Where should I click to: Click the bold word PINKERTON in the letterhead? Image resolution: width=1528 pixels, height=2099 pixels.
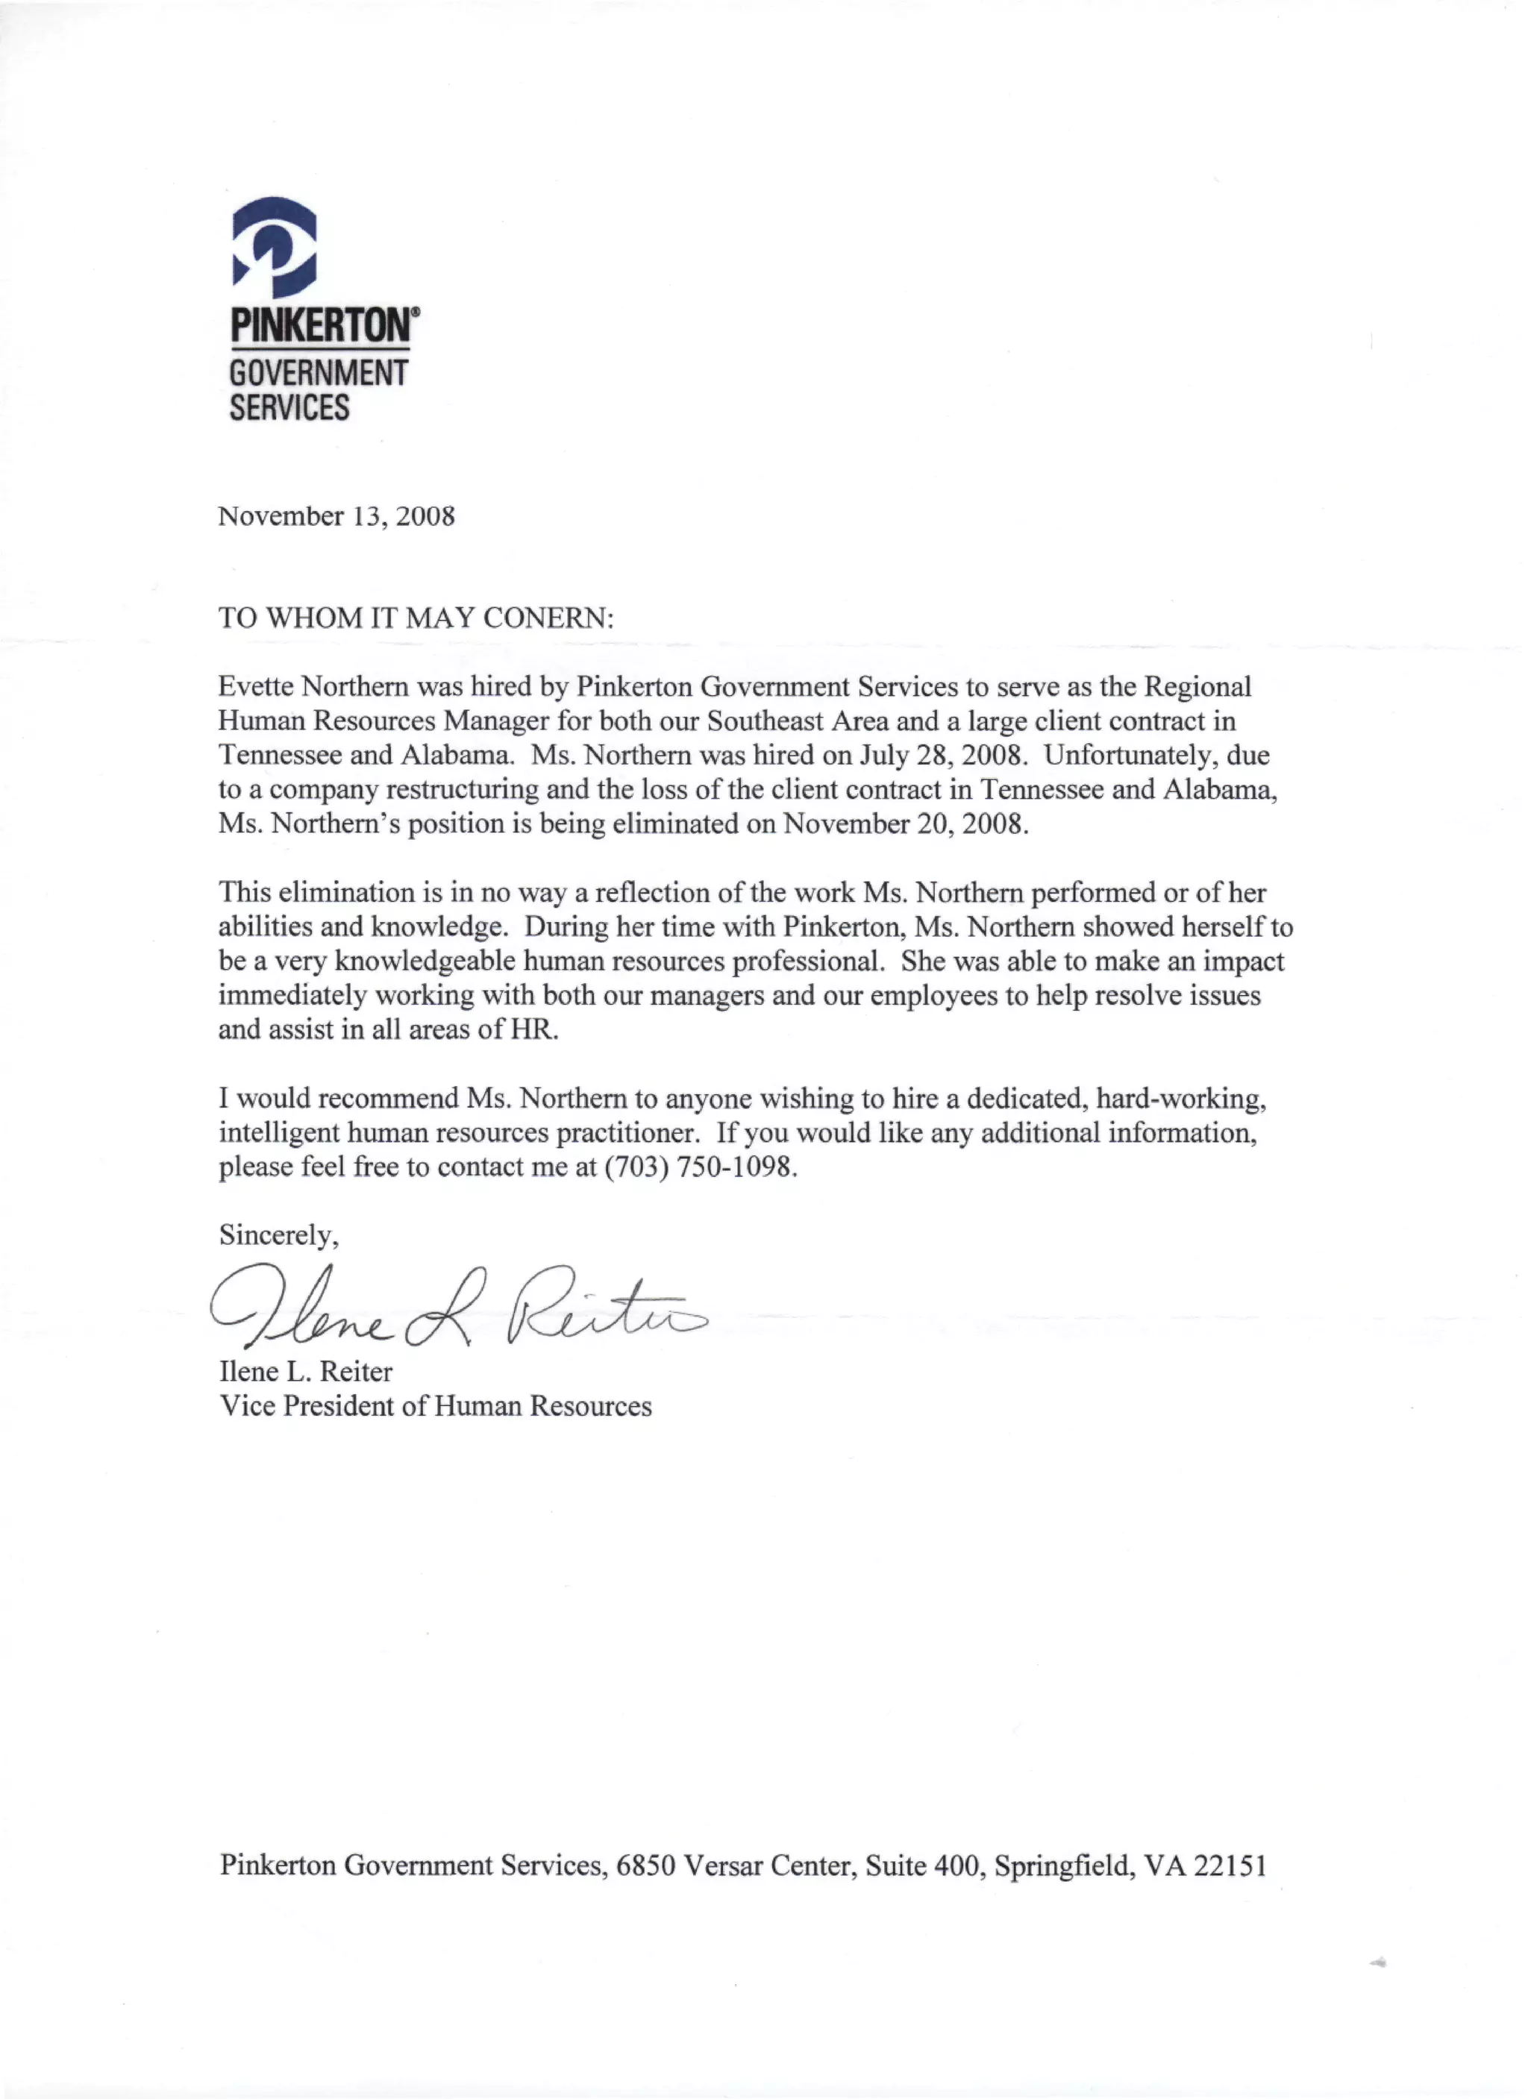point(323,326)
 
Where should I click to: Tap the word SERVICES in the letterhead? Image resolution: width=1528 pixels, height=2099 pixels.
point(289,407)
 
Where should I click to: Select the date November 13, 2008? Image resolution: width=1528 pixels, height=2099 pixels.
point(336,516)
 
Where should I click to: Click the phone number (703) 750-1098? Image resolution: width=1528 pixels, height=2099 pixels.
point(700,1167)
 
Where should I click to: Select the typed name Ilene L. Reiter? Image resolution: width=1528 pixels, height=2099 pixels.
point(305,1372)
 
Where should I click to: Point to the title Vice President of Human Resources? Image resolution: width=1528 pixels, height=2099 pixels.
point(435,1406)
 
